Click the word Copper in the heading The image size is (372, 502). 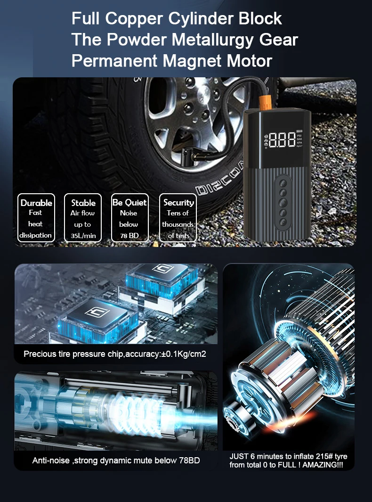[134, 19]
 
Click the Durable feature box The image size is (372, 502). [36, 218]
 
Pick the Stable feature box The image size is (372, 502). [83, 218]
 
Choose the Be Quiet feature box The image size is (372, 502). [130, 218]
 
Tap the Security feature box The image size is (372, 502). [178, 218]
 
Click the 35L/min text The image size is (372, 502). [83, 236]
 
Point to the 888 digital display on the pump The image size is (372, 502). [282, 140]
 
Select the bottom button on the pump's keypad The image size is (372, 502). [283, 222]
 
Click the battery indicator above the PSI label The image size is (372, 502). [299, 131]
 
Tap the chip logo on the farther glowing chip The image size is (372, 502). [163, 268]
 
